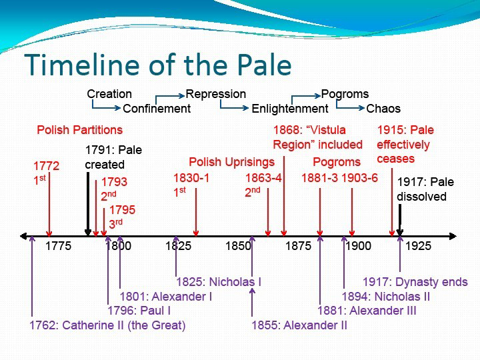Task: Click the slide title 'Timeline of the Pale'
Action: click(x=157, y=65)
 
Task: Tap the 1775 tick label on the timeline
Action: click(x=58, y=246)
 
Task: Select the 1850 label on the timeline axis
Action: click(x=238, y=246)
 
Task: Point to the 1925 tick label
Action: click(x=418, y=246)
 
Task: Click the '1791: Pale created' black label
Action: click(x=113, y=157)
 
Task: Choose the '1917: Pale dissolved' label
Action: click(x=425, y=189)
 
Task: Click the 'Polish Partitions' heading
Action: click(x=79, y=130)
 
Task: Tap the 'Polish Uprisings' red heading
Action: click(x=232, y=162)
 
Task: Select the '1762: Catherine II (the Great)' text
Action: click(x=107, y=325)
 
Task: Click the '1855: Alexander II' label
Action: click(x=299, y=325)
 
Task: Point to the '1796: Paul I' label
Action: click(x=139, y=311)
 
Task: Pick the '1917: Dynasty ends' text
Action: click(x=415, y=282)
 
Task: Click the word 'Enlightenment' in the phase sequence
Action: click(x=290, y=109)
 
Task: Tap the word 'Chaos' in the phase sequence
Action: click(x=383, y=109)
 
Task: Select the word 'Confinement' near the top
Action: click(x=157, y=109)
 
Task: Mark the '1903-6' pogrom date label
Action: click(x=360, y=178)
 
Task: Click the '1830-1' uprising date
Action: click(x=191, y=178)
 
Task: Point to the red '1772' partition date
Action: click(x=46, y=166)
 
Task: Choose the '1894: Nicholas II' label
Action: click(x=386, y=296)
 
